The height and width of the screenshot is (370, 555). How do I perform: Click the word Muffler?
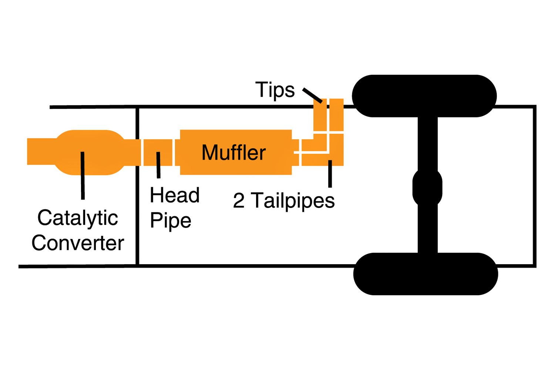point(233,152)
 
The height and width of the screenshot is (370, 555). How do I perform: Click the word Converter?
point(78,243)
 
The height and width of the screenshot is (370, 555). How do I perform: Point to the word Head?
point(175,195)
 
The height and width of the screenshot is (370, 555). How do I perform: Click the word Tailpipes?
point(293,201)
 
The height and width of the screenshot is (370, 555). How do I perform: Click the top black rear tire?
point(424,96)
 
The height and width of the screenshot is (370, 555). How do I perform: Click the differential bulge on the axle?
point(427,187)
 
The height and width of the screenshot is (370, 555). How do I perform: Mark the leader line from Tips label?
point(312,95)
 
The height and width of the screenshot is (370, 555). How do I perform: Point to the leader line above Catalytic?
point(83,175)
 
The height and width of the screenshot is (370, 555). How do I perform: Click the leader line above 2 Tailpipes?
point(330,174)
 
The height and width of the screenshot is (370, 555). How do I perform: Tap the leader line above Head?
point(158,165)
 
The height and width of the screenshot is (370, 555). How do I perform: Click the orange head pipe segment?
point(158,152)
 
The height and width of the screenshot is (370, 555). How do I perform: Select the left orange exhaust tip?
point(320,115)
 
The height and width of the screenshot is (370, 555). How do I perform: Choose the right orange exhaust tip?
point(336,115)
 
